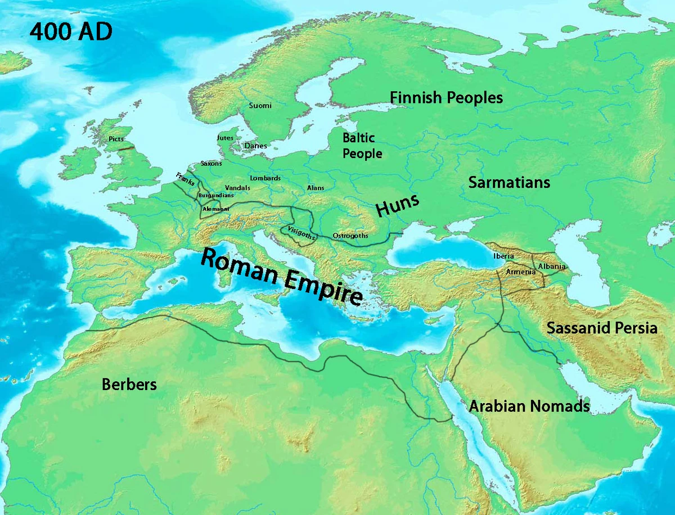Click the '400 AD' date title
click(x=71, y=33)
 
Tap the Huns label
click(x=398, y=206)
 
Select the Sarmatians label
click(x=509, y=183)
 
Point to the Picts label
click(x=116, y=139)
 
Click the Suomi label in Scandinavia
click(x=260, y=105)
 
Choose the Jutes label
click(x=225, y=138)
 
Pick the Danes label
click(x=256, y=146)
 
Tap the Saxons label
click(x=211, y=164)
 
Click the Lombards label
click(x=265, y=178)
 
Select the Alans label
click(x=316, y=188)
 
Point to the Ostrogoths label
click(x=350, y=236)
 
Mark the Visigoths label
click(x=300, y=232)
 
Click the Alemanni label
click(x=215, y=209)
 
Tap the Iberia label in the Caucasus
click(x=503, y=256)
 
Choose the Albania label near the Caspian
click(x=552, y=266)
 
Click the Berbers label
click(x=129, y=385)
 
